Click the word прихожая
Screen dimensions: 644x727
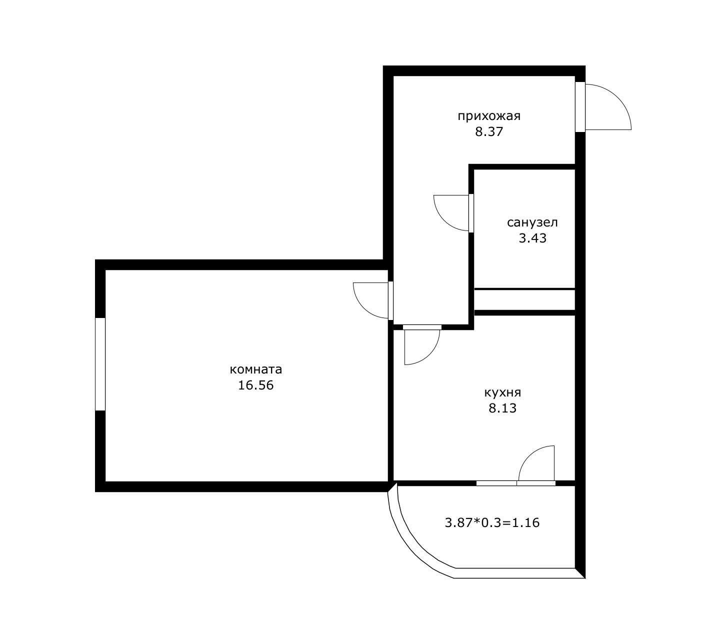coord(489,116)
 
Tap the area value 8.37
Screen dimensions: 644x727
coord(488,132)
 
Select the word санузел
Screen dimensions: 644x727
coord(532,222)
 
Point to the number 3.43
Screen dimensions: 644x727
coord(532,238)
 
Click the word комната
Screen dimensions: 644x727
coord(255,370)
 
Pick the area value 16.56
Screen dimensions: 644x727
coord(255,386)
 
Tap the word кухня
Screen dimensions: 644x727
coord(502,392)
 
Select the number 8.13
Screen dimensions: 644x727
coord(502,408)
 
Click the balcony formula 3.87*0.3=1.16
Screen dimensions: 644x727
coord(492,523)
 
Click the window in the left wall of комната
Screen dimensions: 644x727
coord(100,364)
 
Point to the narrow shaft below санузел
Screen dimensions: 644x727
coord(524,300)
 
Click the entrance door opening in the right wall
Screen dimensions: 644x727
coord(580,107)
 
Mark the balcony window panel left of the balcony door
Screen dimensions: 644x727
coord(496,483)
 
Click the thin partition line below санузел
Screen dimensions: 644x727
coord(524,288)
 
